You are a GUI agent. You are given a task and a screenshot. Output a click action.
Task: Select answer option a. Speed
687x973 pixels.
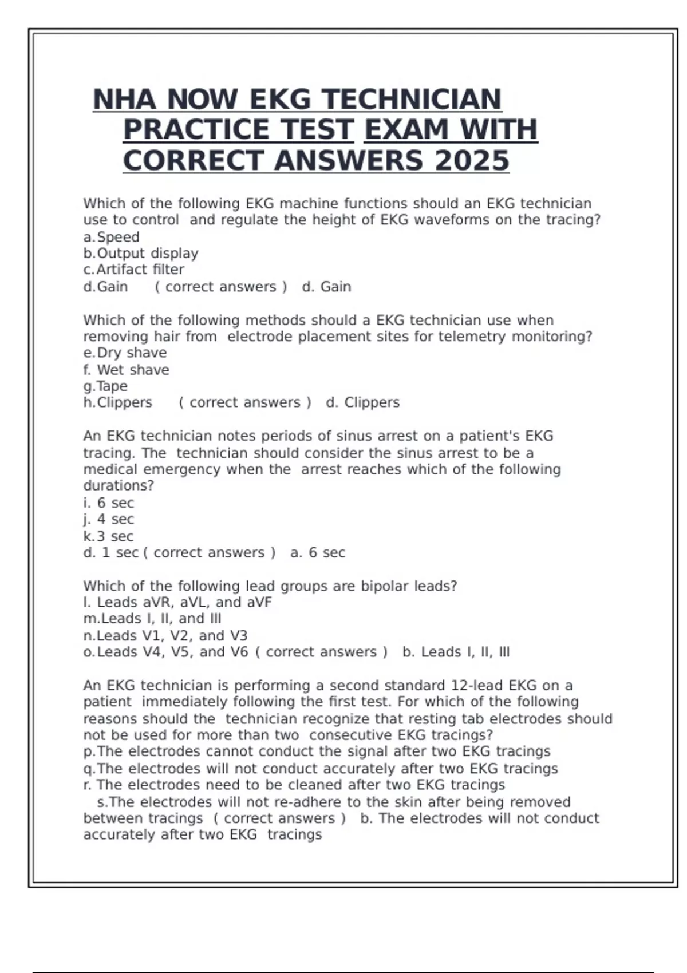click(x=112, y=237)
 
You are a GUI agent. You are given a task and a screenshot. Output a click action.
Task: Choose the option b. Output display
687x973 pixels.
click(x=141, y=253)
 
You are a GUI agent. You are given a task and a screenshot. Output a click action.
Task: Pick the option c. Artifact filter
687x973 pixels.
click(x=134, y=270)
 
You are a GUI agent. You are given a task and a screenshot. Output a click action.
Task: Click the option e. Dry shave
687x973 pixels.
click(x=125, y=353)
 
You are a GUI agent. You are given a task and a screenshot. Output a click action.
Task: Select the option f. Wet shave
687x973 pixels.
click(x=127, y=370)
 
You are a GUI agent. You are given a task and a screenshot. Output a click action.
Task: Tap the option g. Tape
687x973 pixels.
click(x=106, y=386)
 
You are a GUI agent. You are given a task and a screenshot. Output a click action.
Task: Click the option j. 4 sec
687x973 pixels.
click(x=109, y=519)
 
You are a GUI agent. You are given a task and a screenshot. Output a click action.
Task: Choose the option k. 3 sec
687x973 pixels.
click(x=109, y=536)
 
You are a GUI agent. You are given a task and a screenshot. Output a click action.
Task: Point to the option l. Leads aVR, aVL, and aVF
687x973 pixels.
click(x=177, y=602)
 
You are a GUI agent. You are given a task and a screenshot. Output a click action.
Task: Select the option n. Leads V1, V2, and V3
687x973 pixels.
click(x=165, y=635)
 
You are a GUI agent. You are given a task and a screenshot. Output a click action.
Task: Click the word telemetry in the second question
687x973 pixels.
click(x=472, y=337)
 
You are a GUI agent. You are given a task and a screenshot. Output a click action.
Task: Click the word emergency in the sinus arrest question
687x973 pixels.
click(x=181, y=469)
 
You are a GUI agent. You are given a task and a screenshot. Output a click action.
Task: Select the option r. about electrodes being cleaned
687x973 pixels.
click(x=294, y=785)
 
